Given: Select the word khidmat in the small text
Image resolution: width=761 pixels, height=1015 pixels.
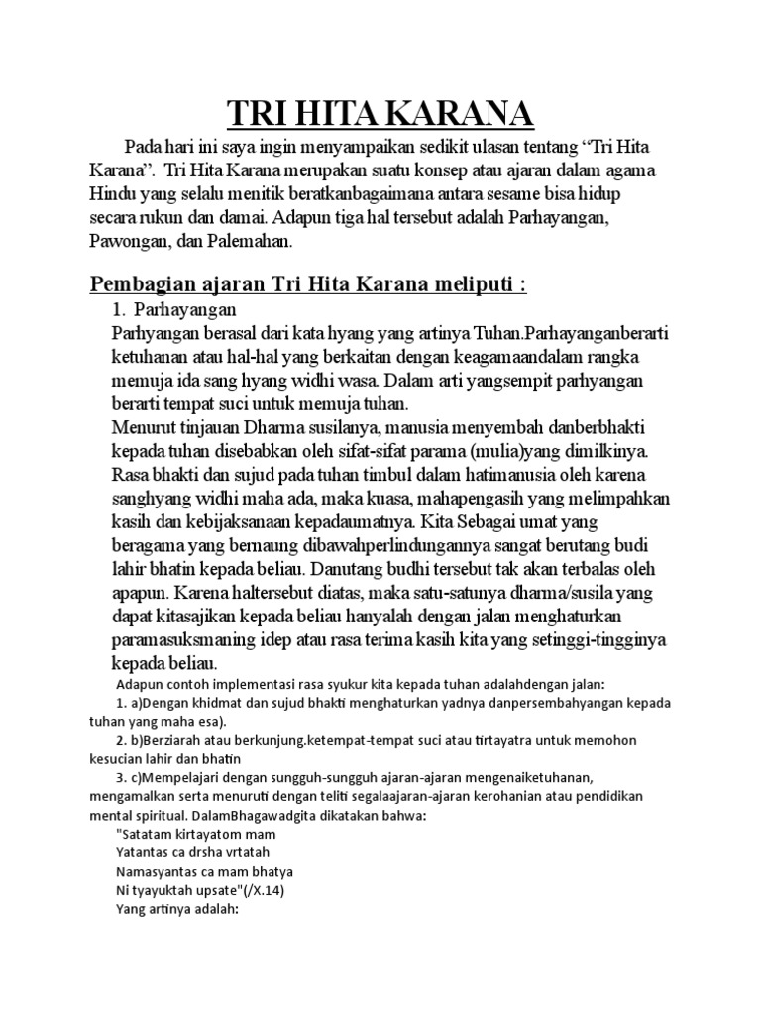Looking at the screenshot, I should click(x=222, y=703).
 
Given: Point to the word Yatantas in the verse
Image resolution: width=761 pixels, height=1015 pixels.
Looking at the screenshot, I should click(x=147, y=852).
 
